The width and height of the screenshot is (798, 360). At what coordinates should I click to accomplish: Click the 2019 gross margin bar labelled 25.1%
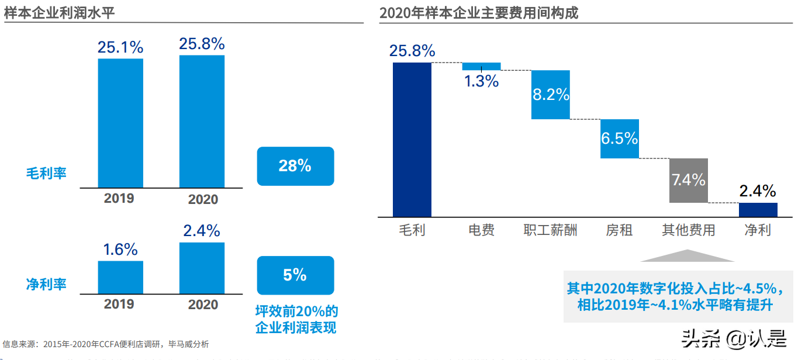point(120,123)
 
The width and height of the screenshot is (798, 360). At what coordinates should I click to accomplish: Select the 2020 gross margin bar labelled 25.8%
point(202,121)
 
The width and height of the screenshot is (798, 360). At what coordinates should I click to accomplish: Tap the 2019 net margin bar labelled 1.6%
point(120,277)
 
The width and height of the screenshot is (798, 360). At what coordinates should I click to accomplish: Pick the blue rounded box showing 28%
point(295,166)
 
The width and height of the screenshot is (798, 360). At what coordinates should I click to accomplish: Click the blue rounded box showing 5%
point(295,275)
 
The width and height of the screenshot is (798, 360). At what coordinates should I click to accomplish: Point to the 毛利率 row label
point(46,173)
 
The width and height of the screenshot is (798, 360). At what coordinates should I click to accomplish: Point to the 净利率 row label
point(46,285)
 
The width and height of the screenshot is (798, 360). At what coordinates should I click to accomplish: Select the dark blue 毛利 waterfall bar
point(412,140)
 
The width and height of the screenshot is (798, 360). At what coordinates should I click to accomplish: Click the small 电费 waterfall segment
point(481,66)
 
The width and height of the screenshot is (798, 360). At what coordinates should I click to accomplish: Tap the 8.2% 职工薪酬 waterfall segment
point(550,95)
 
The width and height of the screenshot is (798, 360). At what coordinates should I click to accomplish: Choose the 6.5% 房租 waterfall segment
point(619,139)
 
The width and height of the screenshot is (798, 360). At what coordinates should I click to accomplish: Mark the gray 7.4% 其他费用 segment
point(688,180)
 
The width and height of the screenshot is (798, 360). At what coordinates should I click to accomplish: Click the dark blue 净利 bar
point(758,210)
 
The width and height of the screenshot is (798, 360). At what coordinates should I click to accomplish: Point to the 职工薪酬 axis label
point(550,230)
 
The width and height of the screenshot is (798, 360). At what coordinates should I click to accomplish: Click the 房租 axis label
point(619,230)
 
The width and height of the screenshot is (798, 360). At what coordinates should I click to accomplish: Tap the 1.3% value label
point(481,81)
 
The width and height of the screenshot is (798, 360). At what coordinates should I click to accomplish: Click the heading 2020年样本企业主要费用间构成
point(478,13)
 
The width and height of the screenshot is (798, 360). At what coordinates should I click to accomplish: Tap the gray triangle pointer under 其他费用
point(688,256)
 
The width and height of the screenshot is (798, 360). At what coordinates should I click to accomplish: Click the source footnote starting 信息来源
point(105,344)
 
